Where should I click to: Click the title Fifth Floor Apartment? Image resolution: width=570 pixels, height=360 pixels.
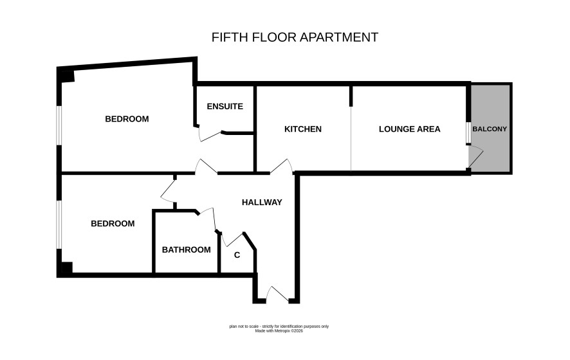tap(295, 37)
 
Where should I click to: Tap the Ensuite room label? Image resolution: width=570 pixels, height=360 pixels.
tap(225, 107)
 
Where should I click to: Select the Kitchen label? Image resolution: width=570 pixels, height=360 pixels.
tap(303, 129)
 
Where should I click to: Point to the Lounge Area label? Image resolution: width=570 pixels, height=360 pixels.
tap(409, 129)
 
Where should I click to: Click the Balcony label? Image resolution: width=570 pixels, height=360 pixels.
tap(490, 129)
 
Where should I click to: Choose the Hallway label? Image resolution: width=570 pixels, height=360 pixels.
tap(262, 203)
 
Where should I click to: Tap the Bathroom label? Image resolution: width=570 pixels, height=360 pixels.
tap(186, 250)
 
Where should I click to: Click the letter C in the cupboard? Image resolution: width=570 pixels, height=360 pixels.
tap(237, 255)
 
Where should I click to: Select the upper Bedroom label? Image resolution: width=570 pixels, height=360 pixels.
tap(127, 119)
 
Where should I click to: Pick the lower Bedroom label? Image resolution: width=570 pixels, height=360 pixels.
tap(113, 224)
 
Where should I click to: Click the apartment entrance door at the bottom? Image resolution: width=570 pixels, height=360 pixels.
tap(277, 294)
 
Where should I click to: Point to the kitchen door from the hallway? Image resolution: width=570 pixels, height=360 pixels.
tap(282, 166)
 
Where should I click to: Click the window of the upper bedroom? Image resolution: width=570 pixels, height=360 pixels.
tap(59, 126)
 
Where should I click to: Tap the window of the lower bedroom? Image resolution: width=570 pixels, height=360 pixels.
tap(59, 224)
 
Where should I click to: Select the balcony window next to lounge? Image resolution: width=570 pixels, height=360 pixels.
tap(468, 133)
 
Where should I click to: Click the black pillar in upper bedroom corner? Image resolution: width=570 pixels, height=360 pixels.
tap(68, 76)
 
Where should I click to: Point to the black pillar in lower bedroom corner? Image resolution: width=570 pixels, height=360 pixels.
tap(67, 267)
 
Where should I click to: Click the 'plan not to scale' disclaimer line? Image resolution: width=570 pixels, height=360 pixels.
tap(279, 326)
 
